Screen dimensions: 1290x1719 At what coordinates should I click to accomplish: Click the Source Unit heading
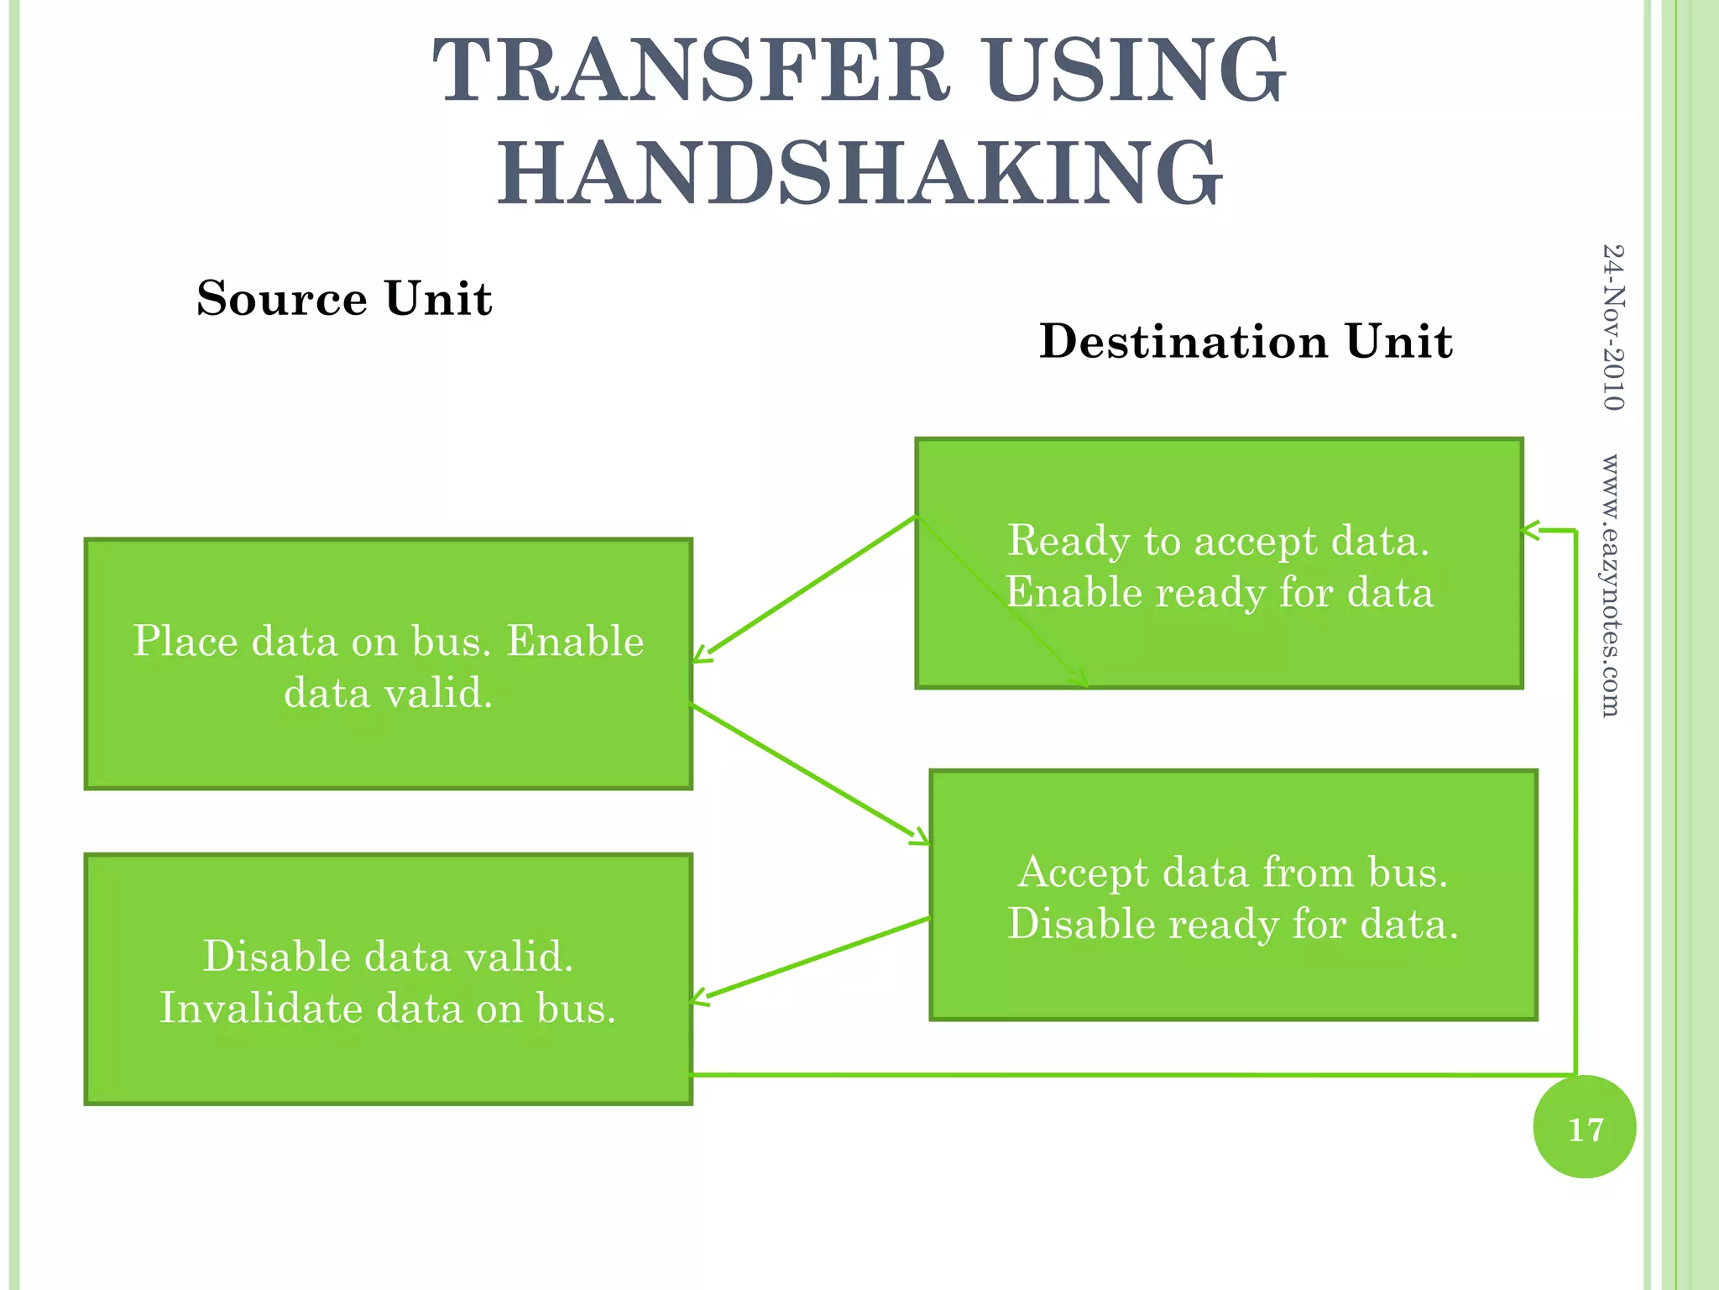344,298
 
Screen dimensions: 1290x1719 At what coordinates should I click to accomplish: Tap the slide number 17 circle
1584,1127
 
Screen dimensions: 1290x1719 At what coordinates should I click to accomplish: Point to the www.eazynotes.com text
1611,585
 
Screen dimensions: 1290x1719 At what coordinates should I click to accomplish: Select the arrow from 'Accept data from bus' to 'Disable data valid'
810,959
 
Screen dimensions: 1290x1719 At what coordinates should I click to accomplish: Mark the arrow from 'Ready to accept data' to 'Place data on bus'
804,588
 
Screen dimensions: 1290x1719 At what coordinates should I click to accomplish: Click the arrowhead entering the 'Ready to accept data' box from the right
1531,530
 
